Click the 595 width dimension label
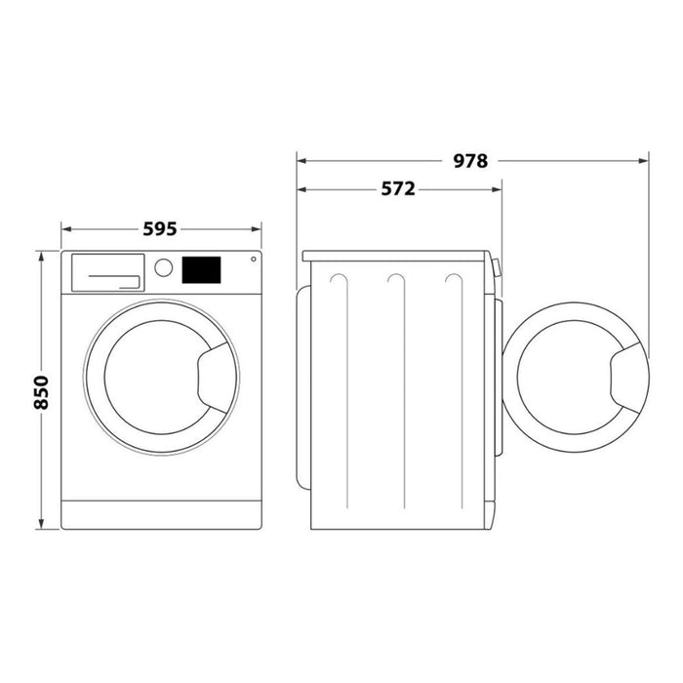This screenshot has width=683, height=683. click(x=160, y=229)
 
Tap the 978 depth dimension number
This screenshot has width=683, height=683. click(x=469, y=161)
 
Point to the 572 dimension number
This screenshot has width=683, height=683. click(x=398, y=189)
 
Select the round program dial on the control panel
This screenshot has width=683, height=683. click(x=164, y=267)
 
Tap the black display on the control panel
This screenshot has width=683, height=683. click(x=201, y=269)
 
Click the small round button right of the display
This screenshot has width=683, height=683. click(x=254, y=260)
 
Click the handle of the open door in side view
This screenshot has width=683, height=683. click(x=623, y=377)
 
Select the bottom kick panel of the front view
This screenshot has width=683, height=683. click(x=162, y=515)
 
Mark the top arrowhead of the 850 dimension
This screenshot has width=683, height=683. click(x=40, y=257)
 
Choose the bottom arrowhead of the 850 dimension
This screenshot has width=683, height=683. click(x=40, y=524)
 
